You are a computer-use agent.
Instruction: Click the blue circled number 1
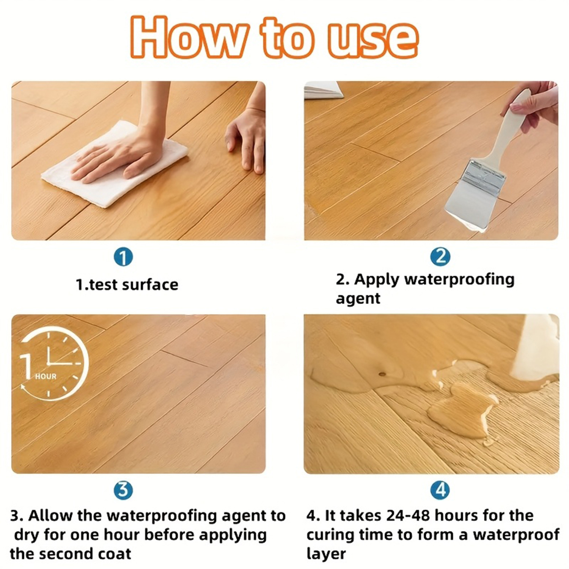[x=123, y=257]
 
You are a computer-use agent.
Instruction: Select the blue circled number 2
[x=440, y=256]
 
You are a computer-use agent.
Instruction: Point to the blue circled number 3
[x=123, y=490]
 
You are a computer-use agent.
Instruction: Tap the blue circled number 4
[x=440, y=490]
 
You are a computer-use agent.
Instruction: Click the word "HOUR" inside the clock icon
[x=46, y=376]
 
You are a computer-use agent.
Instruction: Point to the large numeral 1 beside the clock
[x=27, y=366]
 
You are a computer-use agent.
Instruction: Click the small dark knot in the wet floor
[x=382, y=374]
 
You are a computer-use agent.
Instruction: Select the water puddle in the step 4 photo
[x=461, y=412]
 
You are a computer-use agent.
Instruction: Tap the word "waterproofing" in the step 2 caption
[x=459, y=280]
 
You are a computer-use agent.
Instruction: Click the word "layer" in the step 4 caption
[x=326, y=555]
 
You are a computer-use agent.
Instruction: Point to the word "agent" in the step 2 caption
[x=358, y=299]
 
